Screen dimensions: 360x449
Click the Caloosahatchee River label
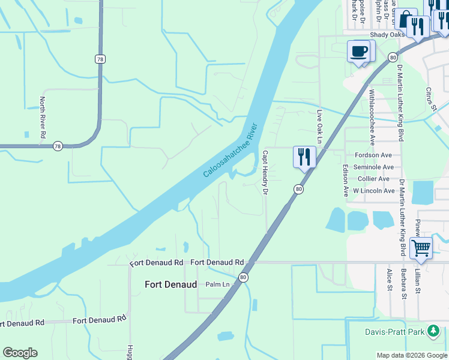(x=230, y=150)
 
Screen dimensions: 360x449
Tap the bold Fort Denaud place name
(x=171, y=285)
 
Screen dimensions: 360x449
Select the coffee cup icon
(x=359, y=51)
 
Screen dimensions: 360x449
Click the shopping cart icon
(x=421, y=247)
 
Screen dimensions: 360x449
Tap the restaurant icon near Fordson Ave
(x=304, y=157)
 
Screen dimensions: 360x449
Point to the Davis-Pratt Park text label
(x=394, y=332)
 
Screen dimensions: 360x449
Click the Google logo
(x=20, y=353)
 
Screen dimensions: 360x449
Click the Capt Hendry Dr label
(x=264, y=173)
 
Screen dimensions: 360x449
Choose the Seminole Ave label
(x=373, y=167)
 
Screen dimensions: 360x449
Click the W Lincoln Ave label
(x=373, y=191)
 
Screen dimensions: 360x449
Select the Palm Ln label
(x=217, y=284)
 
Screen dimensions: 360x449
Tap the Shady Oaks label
(x=387, y=35)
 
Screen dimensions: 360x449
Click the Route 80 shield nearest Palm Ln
(x=243, y=277)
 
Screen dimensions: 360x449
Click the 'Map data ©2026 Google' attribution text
(x=412, y=355)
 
